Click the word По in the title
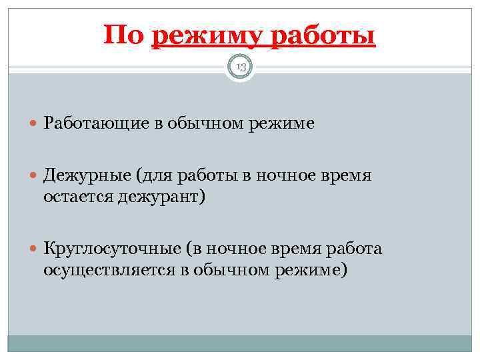123,35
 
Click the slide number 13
240,66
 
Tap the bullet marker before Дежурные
34,176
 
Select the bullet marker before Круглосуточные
34,249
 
